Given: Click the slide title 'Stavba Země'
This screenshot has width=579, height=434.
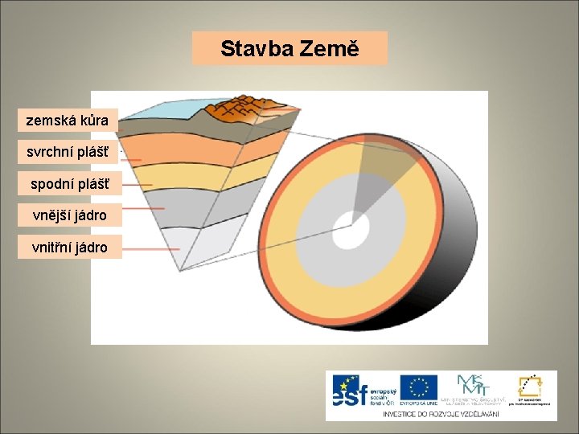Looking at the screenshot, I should tap(289, 49).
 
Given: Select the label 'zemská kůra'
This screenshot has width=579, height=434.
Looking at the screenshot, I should tap(68, 121).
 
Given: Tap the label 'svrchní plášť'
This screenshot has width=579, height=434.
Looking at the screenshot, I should tap(68, 152).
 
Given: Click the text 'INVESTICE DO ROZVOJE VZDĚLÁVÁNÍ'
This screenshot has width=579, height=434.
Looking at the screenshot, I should tap(441, 413).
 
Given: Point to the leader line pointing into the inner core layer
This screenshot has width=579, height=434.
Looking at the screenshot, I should tap(153, 248).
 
